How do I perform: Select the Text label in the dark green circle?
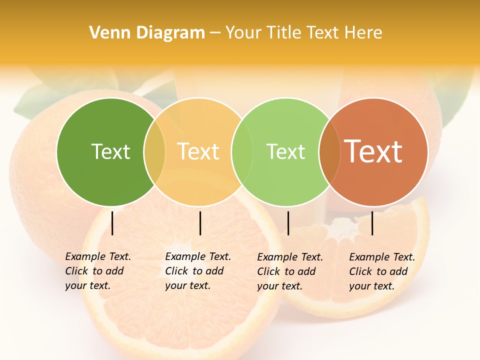[x=110, y=151]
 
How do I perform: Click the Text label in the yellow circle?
[x=198, y=151]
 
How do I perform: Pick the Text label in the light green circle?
[x=285, y=151]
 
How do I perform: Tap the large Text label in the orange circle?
[x=373, y=151]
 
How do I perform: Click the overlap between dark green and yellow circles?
[x=154, y=151]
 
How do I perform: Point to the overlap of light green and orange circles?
[x=329, y=151]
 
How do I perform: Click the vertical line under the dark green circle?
[x=112, y=223]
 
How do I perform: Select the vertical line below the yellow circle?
[x=200, y=223]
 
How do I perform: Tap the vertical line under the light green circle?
[x=288, y=223]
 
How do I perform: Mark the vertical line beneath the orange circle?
[x=372, y=223]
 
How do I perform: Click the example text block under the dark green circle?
[x=97, y=271]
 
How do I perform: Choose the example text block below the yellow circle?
[x=197, y=271]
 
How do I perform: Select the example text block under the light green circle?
[x=289, y=271]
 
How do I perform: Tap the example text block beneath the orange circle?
[x=381, y=271]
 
